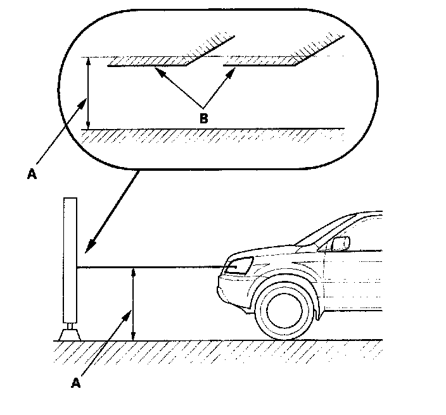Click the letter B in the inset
tap(203, 118)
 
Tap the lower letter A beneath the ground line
tap(77, 381)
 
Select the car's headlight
tap(237, 266)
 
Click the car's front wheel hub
tap(284, 310)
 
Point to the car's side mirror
tap(341, 242)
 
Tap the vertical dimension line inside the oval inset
tap(89, 93)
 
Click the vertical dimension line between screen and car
tap(132, 304)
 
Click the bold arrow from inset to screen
tap(114, 209)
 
